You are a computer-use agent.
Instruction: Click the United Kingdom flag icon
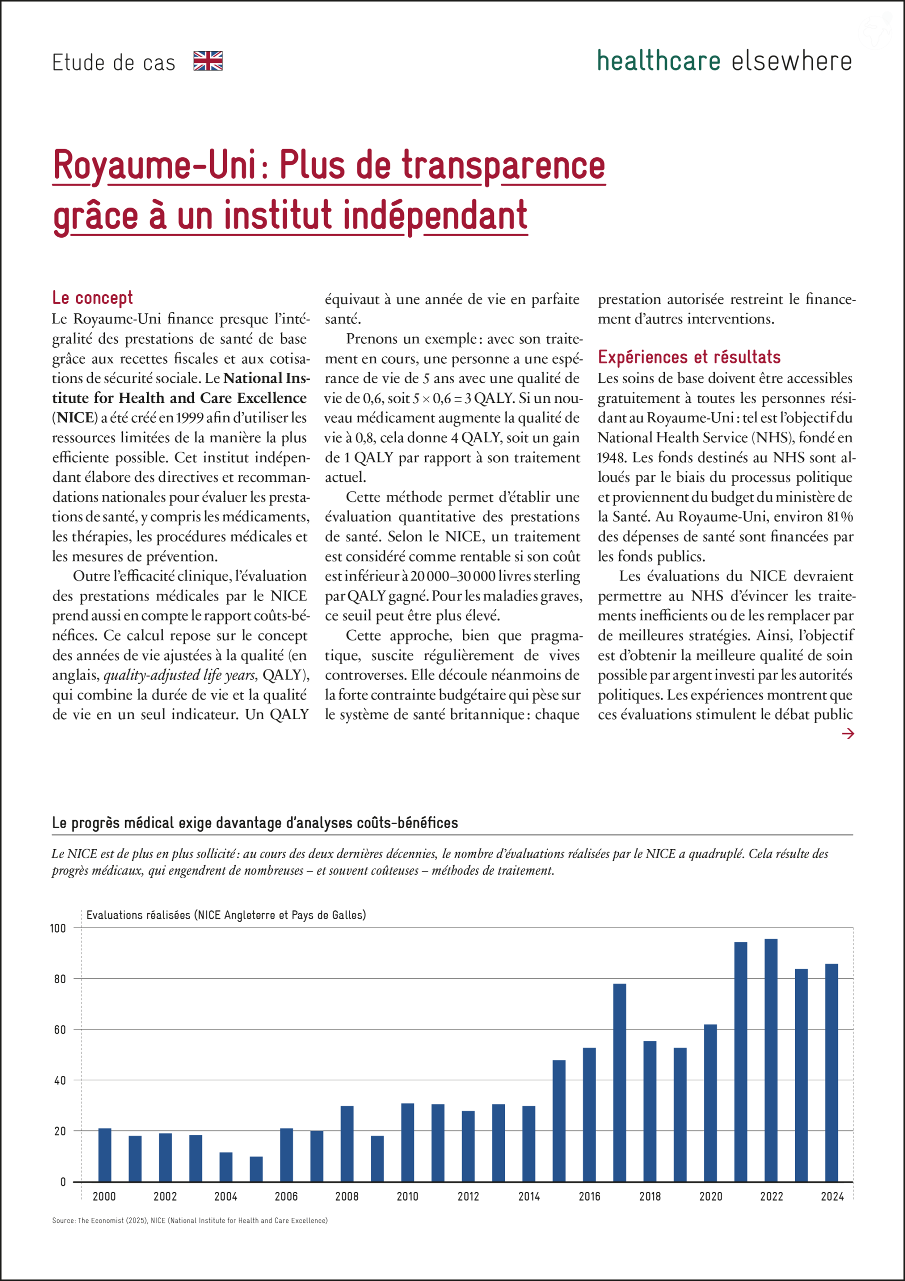tap(208, 61)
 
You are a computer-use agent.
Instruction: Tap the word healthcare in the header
tap(658, 61)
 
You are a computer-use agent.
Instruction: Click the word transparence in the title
tap(503, 165)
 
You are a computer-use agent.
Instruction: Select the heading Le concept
tap(92, 298)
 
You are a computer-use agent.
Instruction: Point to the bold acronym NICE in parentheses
tap(74, 418)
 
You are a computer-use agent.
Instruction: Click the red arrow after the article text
tap(847, 734)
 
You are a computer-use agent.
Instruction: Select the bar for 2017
tap(619, 1082)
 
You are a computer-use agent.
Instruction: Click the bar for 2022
tap(771, 1060)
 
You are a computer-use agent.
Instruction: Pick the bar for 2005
tap(256, 1169)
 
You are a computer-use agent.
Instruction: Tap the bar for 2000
tap(105, 1155)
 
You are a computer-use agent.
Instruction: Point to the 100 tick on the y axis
tap(58, 928)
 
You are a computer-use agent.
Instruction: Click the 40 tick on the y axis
tap(59, 1081)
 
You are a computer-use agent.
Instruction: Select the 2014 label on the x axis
tap(528, 1197)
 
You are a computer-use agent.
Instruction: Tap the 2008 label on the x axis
tap(347, 1197)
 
